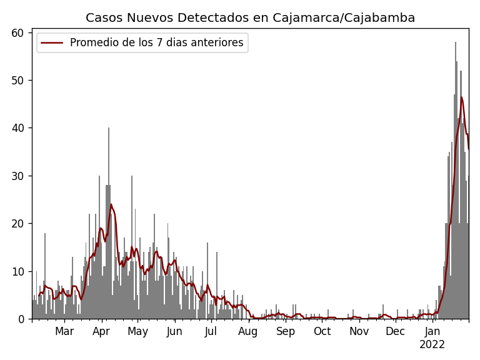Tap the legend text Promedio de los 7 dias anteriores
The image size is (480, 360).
(x=156, y=43)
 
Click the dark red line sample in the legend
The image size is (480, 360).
(x=52, y=43)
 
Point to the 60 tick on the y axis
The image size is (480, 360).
(x=20, y=32)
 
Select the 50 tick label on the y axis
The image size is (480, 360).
(x=20, y=81)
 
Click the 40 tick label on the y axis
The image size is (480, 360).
(x=20, y=128)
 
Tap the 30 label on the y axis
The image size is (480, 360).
(x=20, y=176)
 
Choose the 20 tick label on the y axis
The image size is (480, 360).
(x=20, y=224)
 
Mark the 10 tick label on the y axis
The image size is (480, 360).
(x=20, y=271)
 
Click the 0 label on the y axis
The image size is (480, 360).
(x=23, y=319)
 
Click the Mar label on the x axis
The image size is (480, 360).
(x=64, y=332)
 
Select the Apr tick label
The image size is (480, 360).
(x=101, y=332)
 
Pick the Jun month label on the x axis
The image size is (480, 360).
(x=174, y=332)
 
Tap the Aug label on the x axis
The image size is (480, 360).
(x=247, y=332)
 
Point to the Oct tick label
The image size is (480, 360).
(x=322, y=332)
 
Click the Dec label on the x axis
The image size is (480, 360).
(x=395, y=332)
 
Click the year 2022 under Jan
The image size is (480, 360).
(x=432, y=345)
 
